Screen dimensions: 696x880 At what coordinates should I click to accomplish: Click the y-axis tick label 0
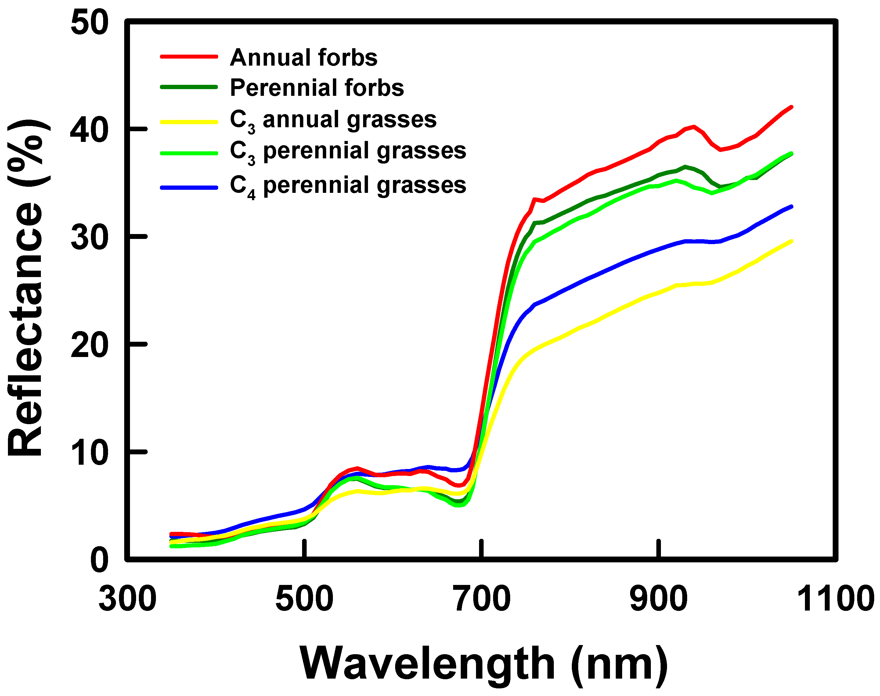tap(99, 561)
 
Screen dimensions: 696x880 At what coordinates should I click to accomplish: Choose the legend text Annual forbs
tap(304, 57)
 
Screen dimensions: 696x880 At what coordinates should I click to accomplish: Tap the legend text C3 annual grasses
tap(333, 120)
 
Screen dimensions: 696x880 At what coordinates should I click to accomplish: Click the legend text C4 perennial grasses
tap(348, 186)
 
